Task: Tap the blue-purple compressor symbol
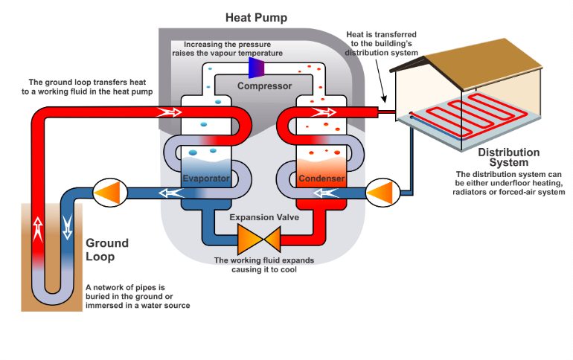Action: (256, 68)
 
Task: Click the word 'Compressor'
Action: (264, 86)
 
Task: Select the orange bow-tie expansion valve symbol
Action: (257, 240)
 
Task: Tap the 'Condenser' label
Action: (321, 179)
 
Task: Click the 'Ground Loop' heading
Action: (107, 249)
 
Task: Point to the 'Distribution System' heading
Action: (508, 157)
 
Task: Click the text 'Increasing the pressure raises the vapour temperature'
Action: (228, 48)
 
